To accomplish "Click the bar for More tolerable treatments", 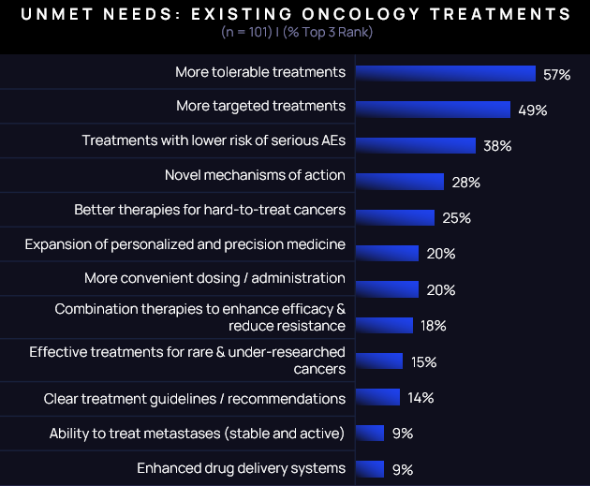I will (446, 74).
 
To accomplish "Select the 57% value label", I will (556, 74).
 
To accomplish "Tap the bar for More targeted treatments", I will (433, 110).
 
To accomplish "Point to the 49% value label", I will (532, 110).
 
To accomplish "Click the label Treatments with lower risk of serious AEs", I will (214, 140).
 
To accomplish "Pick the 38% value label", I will (497, 146).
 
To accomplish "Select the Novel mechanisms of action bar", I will (400, 182).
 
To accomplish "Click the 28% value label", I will (465, 183).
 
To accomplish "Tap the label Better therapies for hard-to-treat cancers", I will (210, 210).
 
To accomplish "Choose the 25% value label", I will (456, 218).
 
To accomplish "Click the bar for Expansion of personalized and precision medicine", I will (388, 253).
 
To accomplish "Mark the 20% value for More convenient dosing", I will (440, 290).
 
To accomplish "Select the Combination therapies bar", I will (385, 325).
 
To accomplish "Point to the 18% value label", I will (434, 326).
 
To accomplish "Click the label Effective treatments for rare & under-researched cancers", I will (187, 361).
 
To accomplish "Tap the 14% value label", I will (420, 398).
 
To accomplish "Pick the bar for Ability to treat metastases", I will (370, 433).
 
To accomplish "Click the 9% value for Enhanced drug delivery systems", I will (403, 469).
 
